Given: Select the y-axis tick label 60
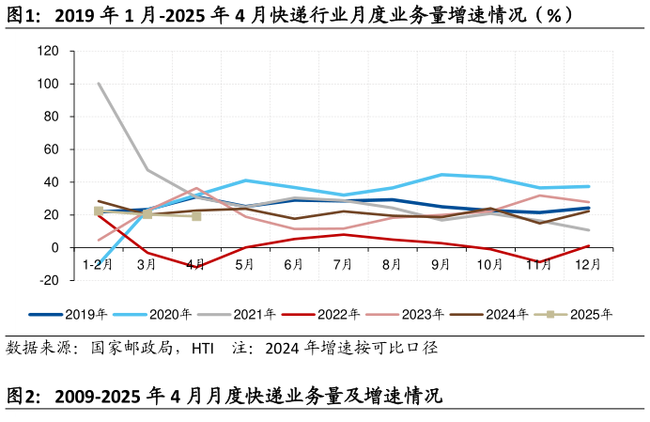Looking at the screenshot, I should coord(50,149).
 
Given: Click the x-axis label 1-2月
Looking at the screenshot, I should coord(98,265).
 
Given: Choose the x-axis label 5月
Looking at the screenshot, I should coord(244,265).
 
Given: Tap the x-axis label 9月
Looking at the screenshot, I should coord(441,265).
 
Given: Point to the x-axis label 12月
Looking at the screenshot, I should coord(587,265).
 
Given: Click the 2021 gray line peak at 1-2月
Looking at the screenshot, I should coord(98,84).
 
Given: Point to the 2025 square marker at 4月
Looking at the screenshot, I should coord(195,216).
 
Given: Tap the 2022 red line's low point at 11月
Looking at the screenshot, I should coord(539,262).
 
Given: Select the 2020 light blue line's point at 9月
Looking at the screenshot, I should coord(441,175).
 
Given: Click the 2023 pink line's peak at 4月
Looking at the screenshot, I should coord(195,188).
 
